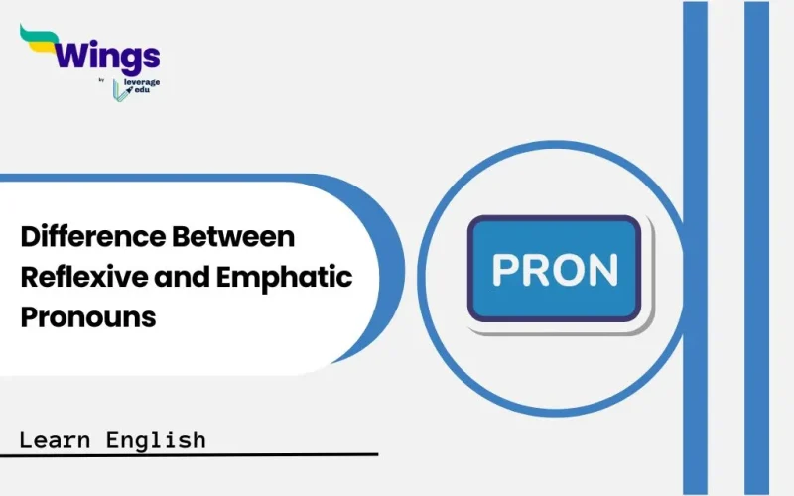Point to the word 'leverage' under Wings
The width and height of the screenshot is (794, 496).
[x=141, y=78]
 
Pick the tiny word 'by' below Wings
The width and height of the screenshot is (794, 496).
[x=103, y=79]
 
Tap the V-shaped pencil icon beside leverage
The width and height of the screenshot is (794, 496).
[x=121, y=90]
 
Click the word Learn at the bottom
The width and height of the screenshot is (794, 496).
[x=57, y=438]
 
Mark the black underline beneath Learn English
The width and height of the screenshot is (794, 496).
[x=198, y=455]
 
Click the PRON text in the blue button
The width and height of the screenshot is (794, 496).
[x=555, y=270]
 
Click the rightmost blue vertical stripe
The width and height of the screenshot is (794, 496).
[x=757, y=248]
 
